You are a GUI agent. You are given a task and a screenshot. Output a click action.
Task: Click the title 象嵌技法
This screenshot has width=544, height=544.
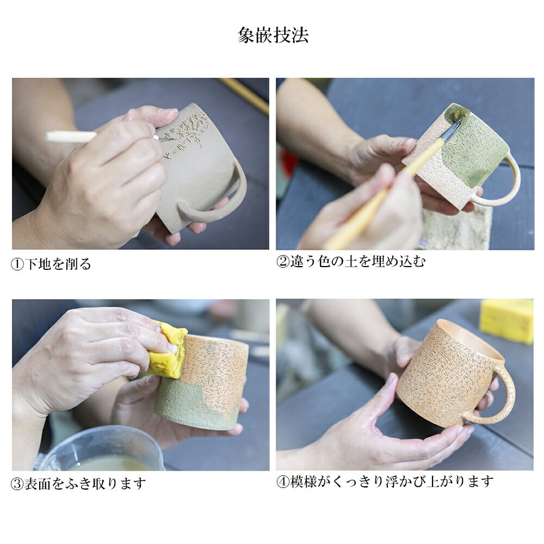[273, 35]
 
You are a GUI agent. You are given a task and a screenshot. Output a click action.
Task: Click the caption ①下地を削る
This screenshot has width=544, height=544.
[51, 264]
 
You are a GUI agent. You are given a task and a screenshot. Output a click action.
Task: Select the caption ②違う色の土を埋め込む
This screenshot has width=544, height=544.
[351, 261]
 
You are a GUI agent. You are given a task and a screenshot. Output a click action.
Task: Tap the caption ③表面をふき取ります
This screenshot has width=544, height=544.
[78, 483]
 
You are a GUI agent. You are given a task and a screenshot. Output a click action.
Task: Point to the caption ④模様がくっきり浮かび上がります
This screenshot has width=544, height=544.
[385, 481]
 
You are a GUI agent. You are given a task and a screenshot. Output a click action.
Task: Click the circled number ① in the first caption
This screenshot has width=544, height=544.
[17, 264]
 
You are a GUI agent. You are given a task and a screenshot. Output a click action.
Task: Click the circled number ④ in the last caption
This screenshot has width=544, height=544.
[283, 481]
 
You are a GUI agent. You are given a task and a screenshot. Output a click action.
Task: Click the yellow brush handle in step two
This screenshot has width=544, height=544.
[382, 194]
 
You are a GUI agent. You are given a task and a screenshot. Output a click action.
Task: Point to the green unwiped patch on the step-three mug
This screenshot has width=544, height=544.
[181, 403]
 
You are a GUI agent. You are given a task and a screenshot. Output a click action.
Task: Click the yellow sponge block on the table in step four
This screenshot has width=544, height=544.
[506, 320]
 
